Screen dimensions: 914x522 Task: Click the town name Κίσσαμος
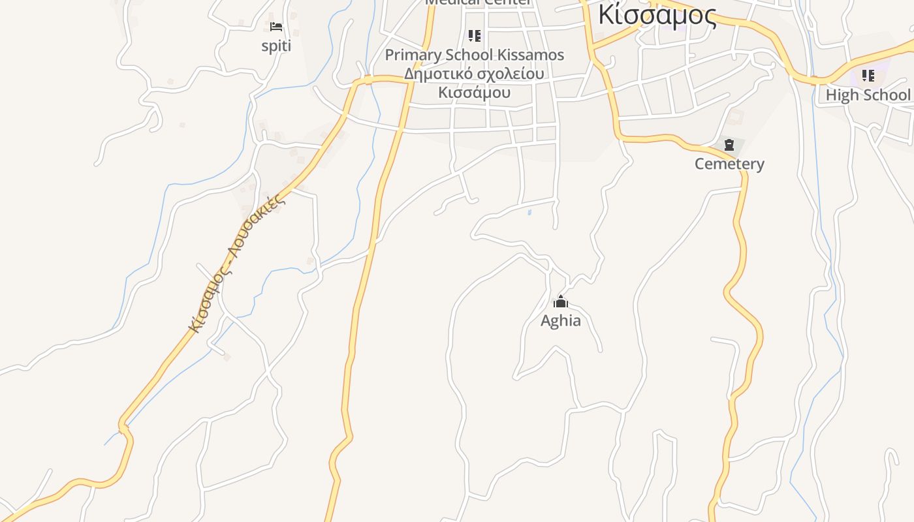click(657, 14)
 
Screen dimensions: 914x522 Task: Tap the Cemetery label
click(729, 164)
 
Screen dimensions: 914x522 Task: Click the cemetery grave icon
click(729, 145)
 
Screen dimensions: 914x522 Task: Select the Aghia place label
click(561, 320)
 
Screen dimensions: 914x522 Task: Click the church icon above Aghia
click(561, 302)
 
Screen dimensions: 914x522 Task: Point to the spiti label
click(276, 46)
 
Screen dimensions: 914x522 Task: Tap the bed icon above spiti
click(276, 27)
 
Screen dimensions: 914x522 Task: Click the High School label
click(868, 95)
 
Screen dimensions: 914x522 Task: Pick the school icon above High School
click(868, 76)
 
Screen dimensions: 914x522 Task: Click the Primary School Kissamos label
click(475, 55)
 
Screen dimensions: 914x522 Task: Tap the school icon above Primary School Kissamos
click(475, 35)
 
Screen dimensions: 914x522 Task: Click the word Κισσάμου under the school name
click(475, 93)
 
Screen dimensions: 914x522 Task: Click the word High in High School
click(842, 95)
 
